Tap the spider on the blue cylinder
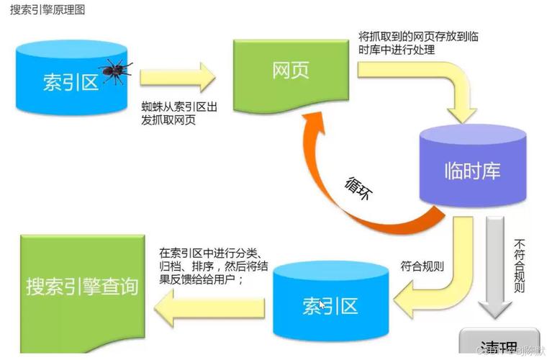pyautogui.click(x=115, y=69)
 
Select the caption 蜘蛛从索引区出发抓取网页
pyautogui.click(x=179, y=113)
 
